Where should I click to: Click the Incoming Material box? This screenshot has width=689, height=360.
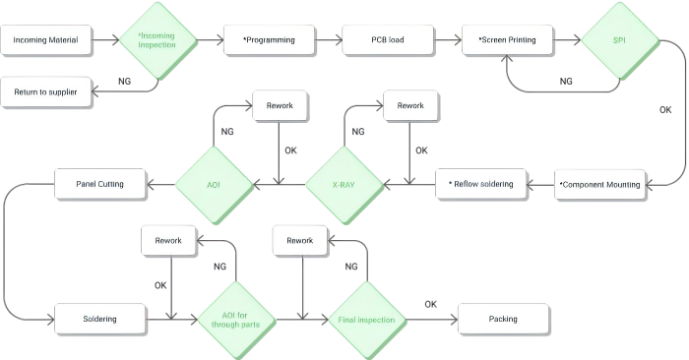point(46,40)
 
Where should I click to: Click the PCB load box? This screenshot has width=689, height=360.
point(387,40)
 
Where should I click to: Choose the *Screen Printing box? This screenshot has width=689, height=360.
point(506,40)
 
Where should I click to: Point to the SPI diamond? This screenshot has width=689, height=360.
point(618,40)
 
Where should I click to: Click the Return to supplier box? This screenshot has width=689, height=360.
point(46,91)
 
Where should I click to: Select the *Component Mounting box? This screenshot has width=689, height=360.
point(600,184)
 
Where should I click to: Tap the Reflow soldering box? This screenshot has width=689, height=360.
point(480,184)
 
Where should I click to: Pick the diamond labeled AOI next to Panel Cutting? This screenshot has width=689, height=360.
point(213,184)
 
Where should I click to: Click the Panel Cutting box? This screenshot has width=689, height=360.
point(99,183)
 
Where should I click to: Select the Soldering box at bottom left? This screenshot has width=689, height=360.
point(99,319)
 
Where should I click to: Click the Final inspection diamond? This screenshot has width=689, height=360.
point(366,319)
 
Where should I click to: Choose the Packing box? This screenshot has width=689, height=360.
point(503,319)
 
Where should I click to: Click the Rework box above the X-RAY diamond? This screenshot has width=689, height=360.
point(409,106)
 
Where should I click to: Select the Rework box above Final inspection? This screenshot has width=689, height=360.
point(300,240)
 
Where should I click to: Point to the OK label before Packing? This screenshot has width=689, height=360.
point(430,304)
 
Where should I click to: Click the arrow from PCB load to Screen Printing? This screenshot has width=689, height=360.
point(444,40)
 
